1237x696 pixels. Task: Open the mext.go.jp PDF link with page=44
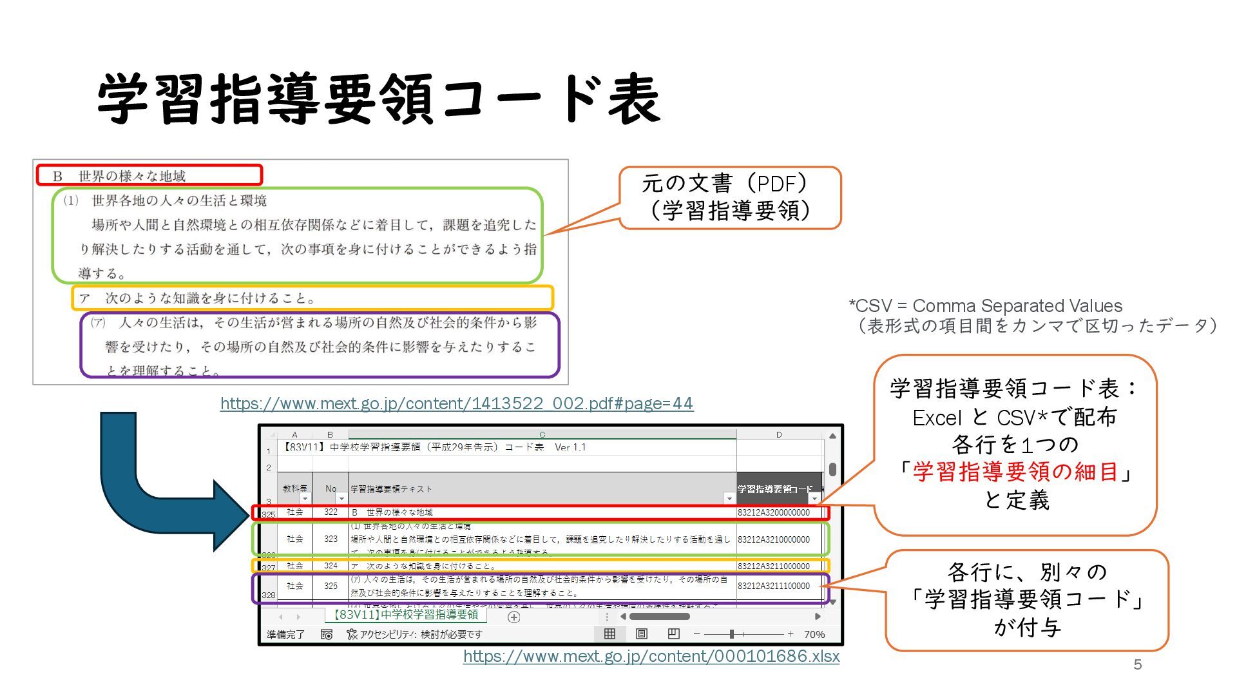pos(456,403)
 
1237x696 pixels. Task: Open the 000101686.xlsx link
pos(651,656)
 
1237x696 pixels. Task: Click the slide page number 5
pos(1137,664)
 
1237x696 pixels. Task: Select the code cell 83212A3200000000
pos(773,513)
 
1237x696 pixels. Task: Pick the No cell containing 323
pos(331,539)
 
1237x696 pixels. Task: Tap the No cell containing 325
pos(331,586)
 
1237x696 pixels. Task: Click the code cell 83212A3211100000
pos(773,586)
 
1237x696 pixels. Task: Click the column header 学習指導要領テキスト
pos(391,489)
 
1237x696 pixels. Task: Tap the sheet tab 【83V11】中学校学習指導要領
pos(405,615)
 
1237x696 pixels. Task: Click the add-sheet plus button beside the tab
pos(513,617)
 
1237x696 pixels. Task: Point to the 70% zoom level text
pos(814,634)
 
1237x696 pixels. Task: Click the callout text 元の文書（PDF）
pos(725,184)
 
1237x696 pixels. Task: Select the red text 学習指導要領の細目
pos(1015,472)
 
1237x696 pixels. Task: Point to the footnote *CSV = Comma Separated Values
pos(985,305)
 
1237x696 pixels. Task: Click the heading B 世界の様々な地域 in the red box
pos(119,176)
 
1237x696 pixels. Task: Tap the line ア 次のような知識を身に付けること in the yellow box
pos(197,298)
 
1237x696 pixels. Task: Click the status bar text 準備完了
pos(285,634)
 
